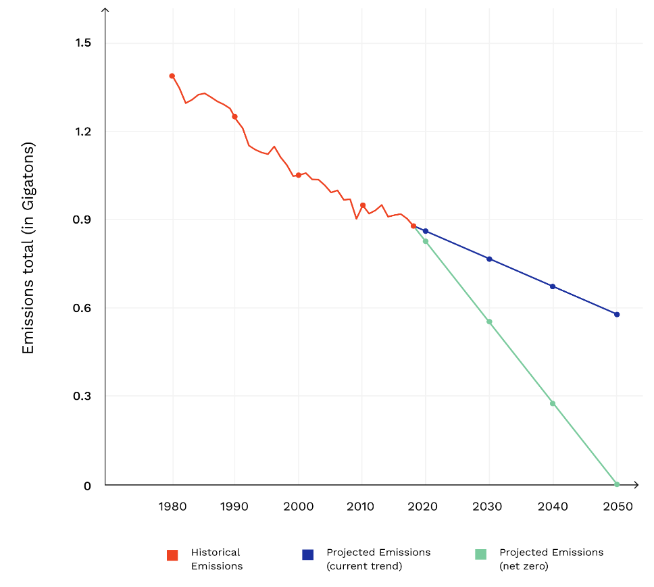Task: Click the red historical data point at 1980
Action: pyautogui.click(x=172, y=76)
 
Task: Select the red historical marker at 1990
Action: pyautogui.click(x=235, y=117)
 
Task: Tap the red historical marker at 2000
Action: pyautogui.click(x=299, y=175)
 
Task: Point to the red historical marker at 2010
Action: pyautogui.click(x=363, y=205)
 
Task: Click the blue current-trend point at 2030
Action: pyautogui.click(x=489, y=259)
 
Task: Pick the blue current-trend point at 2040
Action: pyautogui.click(x=553, y=286)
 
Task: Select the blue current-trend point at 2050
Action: pyautogui.click(x=617, y=314)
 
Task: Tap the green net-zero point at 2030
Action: pyautogui.click(x=489, y=322)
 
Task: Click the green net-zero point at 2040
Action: pyautogui.click(x=553, y=403)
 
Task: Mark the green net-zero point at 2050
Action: pyautogui.click(x=617, y=484)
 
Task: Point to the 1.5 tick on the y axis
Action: pyautogui.click(x=82, y=43)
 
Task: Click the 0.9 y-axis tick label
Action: pyautogui.click(x=82, y=220)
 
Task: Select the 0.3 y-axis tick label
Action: pyautogui.click(x=82, y=396)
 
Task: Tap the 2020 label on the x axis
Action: pyautogui.click(x=425, y=507)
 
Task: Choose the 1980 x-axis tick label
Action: pyautogui.click(x=172, y=507)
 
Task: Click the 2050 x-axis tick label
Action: pyautogui.click(x=617, y=507)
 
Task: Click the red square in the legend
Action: pyautogui.click(x=172, y=555)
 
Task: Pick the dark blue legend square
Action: pyautogui.click(x=307, y=555)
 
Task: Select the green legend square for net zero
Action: pyautogui.click(x=480, y=555)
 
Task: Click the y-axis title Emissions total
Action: pyautogui.click(x=28, y=249)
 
